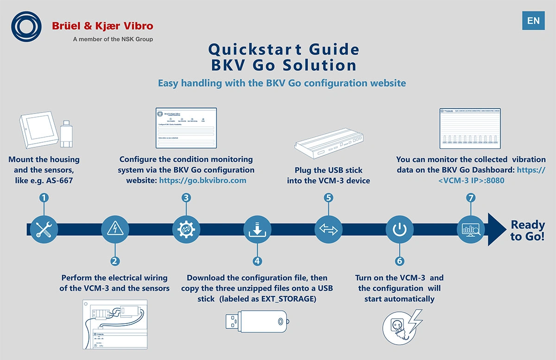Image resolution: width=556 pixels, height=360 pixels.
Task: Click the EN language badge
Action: point(533,20)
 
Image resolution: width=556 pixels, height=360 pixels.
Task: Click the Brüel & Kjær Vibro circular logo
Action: point(29,28)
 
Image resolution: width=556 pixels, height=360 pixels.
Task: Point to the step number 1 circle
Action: point(44,198)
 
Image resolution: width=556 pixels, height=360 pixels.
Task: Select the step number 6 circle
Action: point(400,261)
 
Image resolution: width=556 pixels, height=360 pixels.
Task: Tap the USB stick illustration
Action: point(257,321)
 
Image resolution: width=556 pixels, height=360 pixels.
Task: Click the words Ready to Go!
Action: point(528,231)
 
